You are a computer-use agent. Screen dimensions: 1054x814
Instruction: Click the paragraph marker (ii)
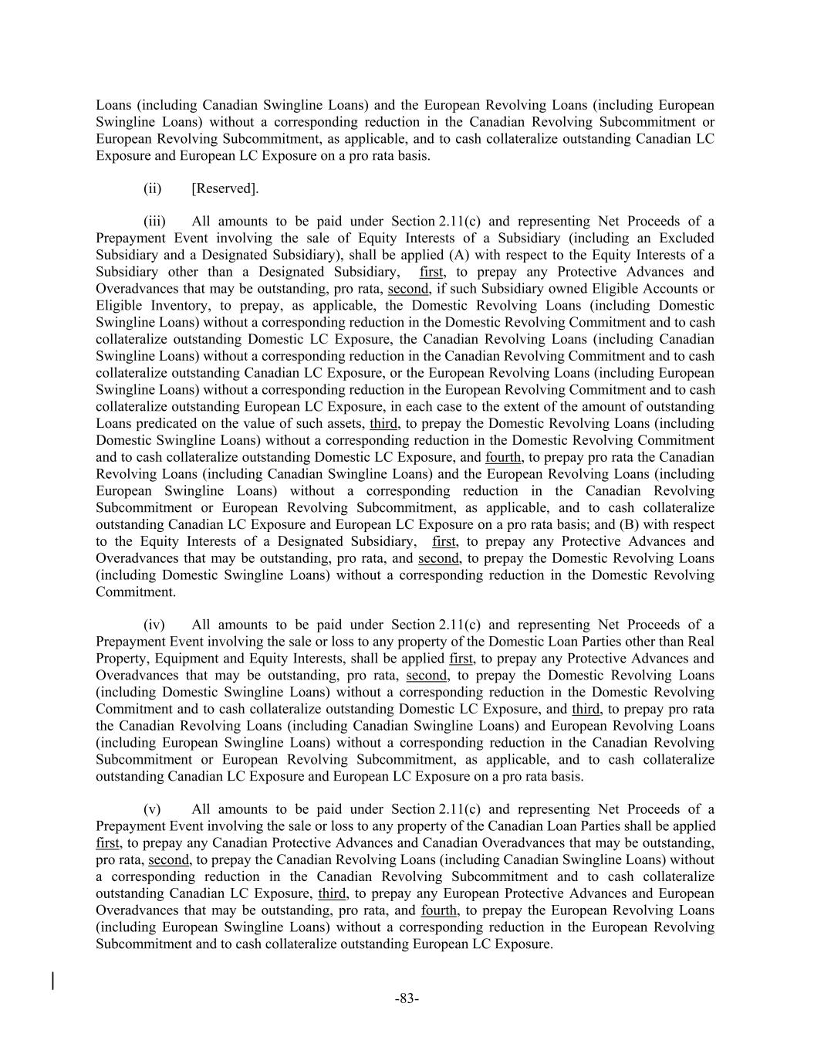click(153, 188)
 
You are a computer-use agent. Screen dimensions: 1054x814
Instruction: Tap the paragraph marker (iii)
click(155, 222)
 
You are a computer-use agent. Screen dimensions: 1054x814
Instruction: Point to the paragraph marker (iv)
click(154, 625)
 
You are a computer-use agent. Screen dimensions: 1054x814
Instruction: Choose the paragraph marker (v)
click(153, 809)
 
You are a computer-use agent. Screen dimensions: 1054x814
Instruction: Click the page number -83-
click(407, 998)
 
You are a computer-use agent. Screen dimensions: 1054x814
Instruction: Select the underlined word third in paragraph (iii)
click(383, 423)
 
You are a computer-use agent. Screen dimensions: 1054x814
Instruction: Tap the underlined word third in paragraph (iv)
click(585, 709)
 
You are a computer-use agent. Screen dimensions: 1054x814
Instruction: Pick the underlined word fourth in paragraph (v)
click(439, 910)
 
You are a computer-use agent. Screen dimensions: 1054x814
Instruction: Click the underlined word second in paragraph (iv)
click(427, 676)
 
